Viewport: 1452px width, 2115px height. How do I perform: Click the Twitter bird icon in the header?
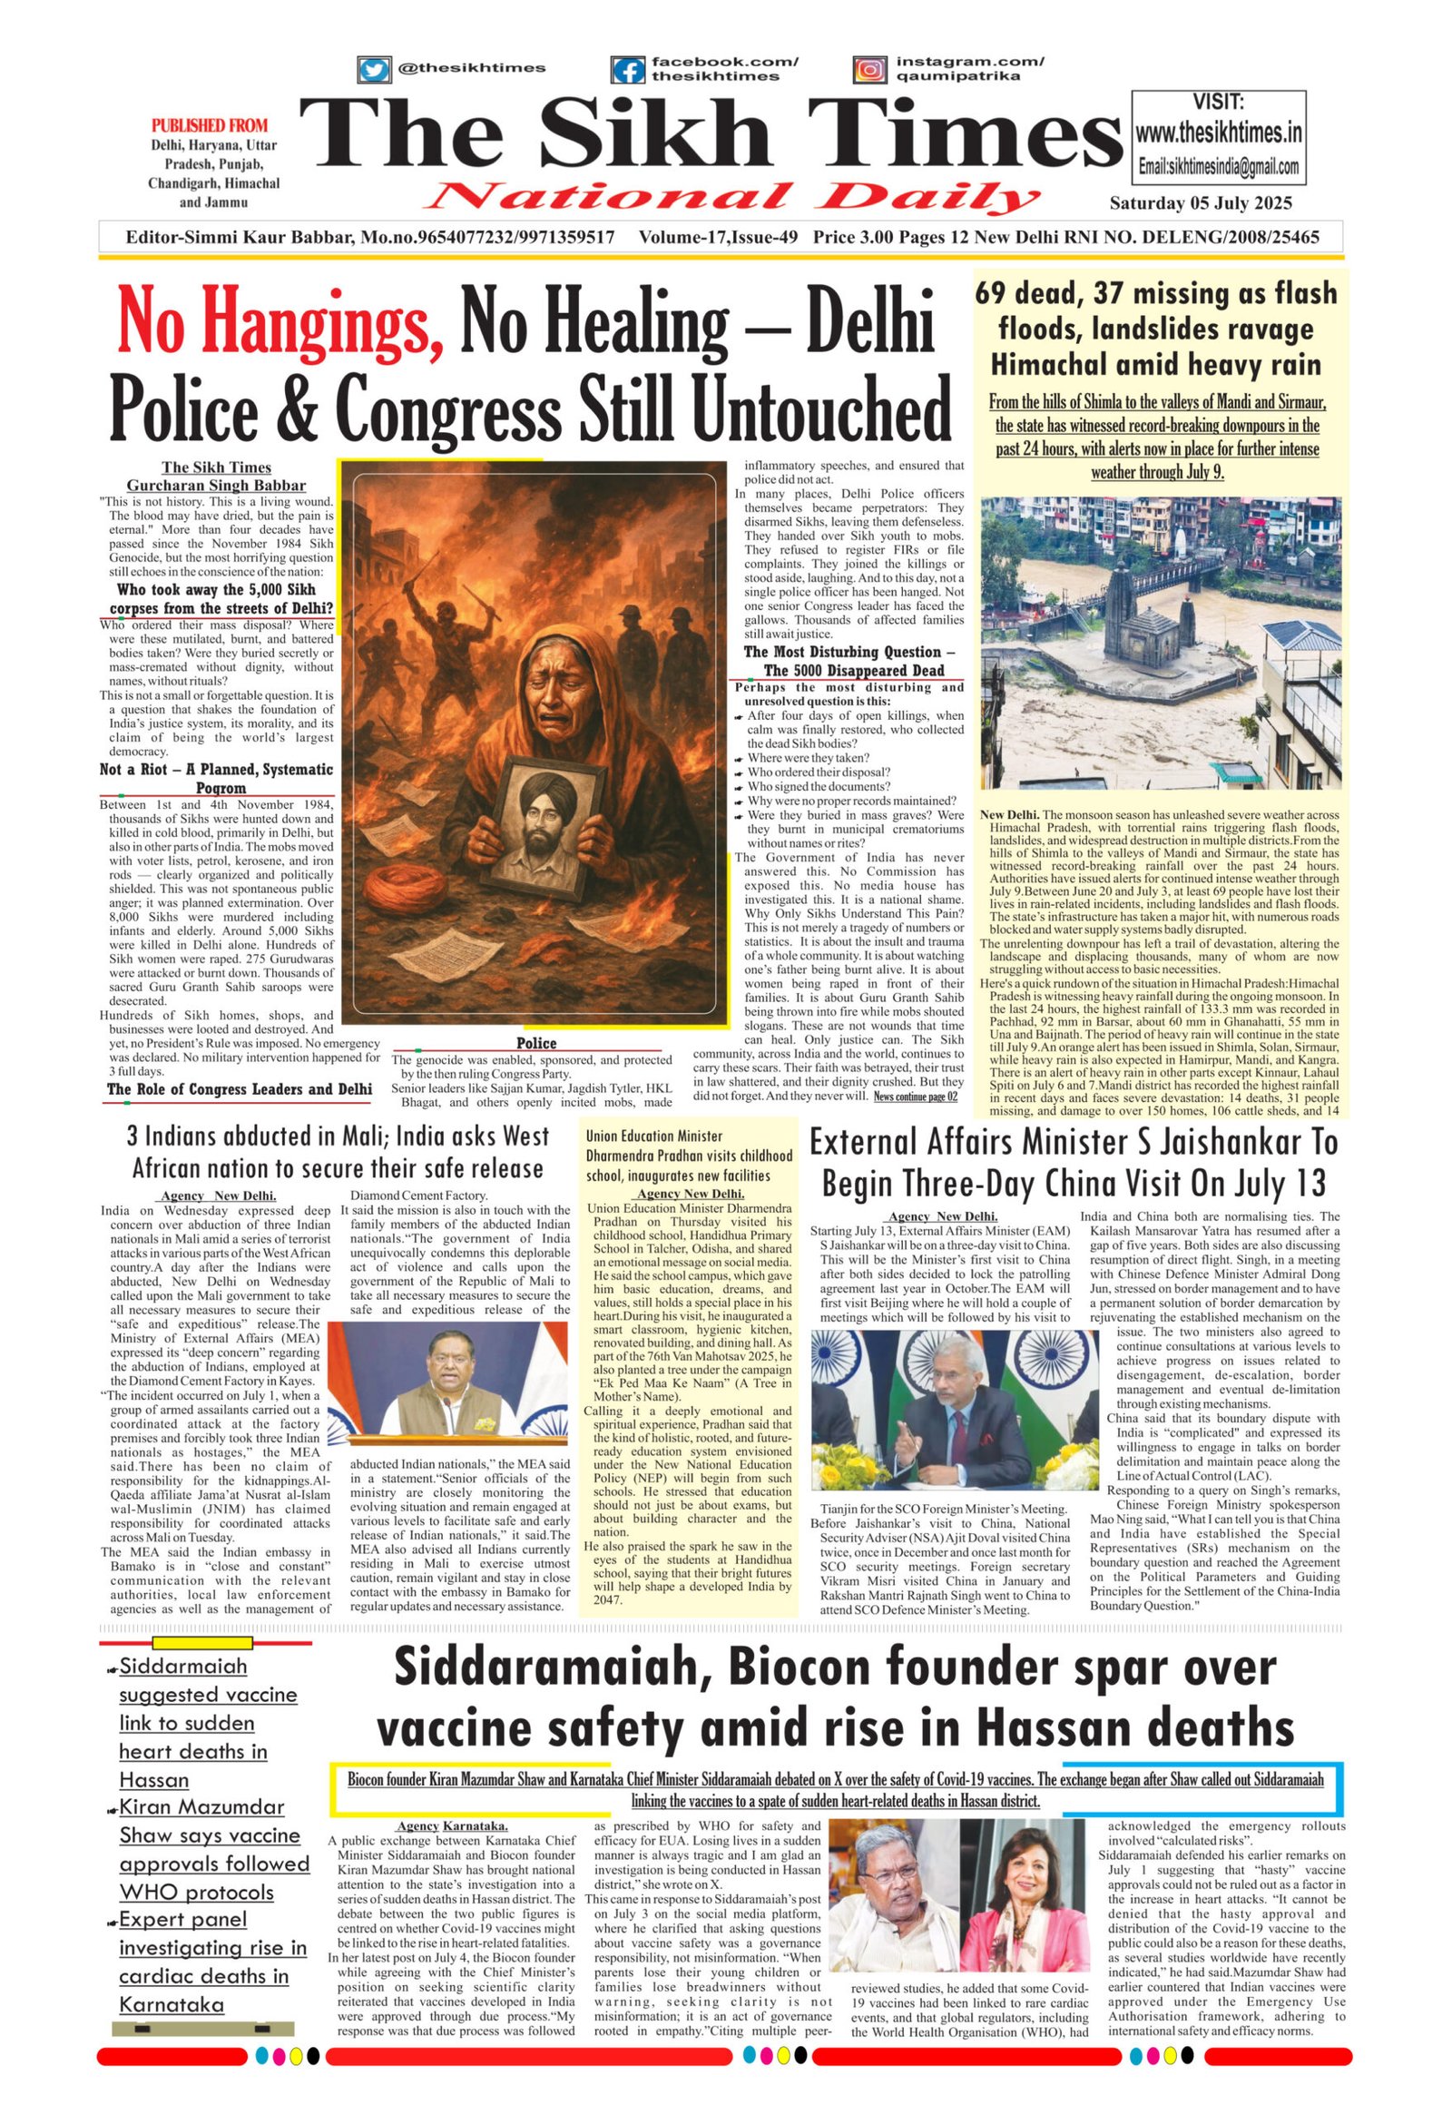point(372,70)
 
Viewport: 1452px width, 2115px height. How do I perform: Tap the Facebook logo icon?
point(627,70)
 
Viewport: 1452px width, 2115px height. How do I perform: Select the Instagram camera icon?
point(869,70)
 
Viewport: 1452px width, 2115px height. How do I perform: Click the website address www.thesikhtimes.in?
point(1218,133)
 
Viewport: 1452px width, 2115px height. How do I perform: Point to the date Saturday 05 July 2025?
point(1200,203)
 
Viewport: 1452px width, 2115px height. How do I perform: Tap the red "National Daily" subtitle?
point(733,197)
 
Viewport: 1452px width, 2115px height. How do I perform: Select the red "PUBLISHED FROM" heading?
point(210,125)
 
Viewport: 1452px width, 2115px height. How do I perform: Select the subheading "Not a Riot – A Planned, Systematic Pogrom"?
point(217,778)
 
